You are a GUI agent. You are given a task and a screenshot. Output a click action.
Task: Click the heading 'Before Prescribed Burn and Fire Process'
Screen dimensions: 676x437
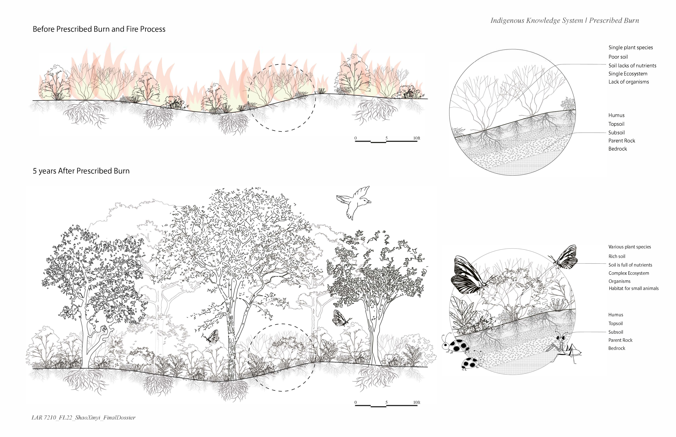[99, 29]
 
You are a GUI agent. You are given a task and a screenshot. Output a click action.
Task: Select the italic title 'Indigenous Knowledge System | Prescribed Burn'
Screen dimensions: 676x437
[565, 20]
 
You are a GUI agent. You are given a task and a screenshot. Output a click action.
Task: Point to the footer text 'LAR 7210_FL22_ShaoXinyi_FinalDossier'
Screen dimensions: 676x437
[84, 417]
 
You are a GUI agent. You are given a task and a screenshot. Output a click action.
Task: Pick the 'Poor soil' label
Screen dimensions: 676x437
[618, 57]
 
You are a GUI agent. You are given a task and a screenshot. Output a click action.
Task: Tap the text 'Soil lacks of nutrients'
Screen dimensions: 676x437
[632, 66]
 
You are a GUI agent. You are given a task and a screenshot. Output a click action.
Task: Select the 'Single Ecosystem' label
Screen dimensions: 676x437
[628, 74]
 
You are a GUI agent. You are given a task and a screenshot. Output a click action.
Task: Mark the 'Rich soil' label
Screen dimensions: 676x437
[617, 256]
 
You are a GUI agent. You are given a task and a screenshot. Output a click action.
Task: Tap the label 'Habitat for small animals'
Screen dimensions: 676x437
[633, 288]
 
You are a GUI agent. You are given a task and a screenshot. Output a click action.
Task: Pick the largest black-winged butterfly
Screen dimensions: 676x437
[471, 275]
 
